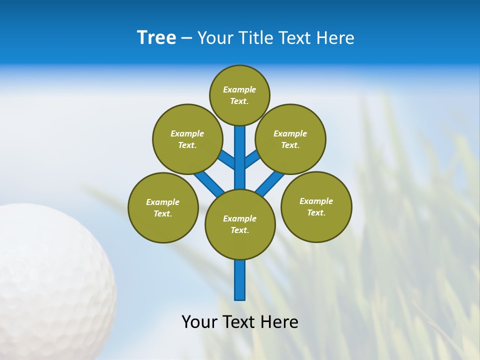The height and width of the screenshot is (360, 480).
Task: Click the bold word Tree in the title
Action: pyautogui.click(x=156, y=38)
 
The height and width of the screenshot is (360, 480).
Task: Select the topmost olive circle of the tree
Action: pyautogui.click(x=239, y=95)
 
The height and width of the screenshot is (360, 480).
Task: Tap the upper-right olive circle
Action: pyautogui.click(x=290, y=139)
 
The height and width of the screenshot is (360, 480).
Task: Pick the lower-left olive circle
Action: pyautogui.click(x=163, y=207)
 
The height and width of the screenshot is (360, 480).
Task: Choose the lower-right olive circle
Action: pyautogui.click(x=316, y=206)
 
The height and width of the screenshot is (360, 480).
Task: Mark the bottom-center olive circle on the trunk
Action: pyautogui.click(x=240, y=224)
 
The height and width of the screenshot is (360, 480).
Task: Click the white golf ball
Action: pyautogui.click(x=50, y=280)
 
